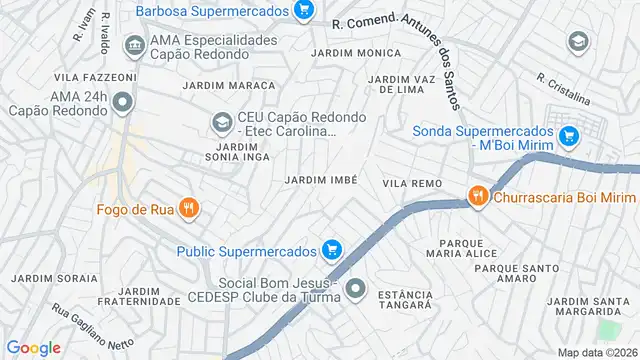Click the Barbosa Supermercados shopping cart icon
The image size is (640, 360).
click(x=305, y=11)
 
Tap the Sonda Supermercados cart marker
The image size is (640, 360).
click(x=569, y=135)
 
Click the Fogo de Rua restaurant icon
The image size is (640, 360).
click(x=190, y=209)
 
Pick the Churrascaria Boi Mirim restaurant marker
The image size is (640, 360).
click(x=479, y=196)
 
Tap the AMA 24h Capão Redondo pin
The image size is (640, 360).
click(x=122, y=102)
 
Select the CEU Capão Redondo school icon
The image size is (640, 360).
click(x=221, y=124)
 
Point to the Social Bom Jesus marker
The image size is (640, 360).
click(x=355, y=290)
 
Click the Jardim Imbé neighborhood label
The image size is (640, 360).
click(x=321, y=179)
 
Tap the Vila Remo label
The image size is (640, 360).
click(x=411, y=184)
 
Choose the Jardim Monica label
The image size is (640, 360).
click(x=348, y=52)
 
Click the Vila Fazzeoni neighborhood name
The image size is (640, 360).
click(x=95, y=77)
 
